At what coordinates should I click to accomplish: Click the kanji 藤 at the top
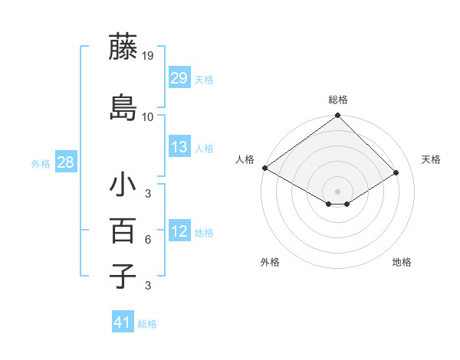pos(123,47)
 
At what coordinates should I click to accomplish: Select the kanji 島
pos(123,107)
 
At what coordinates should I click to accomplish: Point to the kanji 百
pos(123,230)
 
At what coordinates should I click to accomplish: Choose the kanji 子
pos(123,275)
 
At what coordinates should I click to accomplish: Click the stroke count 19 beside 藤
pos(148,56)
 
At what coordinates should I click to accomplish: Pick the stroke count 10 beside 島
pos(148,117)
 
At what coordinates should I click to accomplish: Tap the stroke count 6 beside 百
pos(148,240)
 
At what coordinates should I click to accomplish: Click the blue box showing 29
pos(179,78)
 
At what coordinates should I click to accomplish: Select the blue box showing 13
pos(179,147)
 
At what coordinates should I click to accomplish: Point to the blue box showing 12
pos(179,231)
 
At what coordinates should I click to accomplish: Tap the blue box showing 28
pos(65,162)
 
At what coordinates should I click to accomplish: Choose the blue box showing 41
pos(123,322)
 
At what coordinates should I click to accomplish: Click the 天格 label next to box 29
pos(204,79)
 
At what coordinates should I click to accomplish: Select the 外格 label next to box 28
pos(41,163)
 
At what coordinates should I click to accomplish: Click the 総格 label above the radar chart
pos(338,100)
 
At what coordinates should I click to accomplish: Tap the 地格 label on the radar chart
pos(402,262)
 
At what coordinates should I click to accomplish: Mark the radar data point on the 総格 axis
pos(337,116)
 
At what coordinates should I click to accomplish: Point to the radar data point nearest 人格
pos(264,168)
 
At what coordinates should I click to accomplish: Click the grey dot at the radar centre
pos(337,191)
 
